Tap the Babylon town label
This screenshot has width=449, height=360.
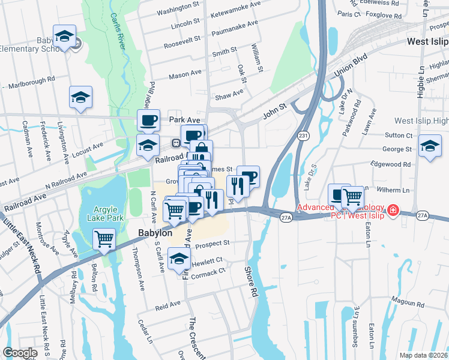(155, 233)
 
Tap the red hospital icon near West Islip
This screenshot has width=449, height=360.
(393, 210)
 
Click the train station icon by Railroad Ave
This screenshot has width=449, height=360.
(176, 143)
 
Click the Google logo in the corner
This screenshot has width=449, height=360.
(20, 352)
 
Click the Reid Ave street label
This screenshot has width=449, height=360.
(167, 305)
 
